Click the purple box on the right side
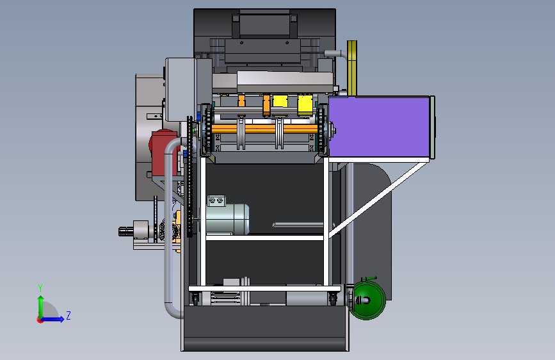(379, 127)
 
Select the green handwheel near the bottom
(368, 300)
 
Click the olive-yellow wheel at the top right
(352, 68)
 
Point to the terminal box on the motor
(216, 200)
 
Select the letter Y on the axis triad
(40, 288)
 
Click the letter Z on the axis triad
(68, 315)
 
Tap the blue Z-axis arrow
(52, 319)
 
